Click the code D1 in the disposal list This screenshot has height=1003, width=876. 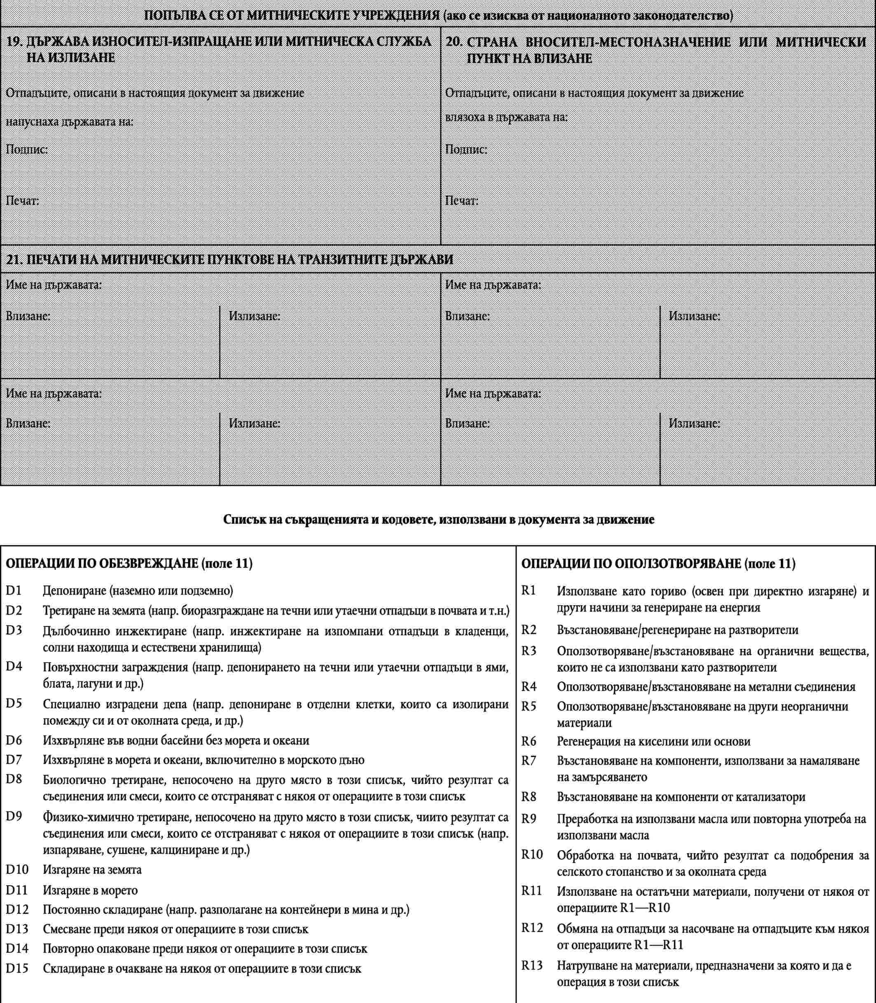pos(14,590)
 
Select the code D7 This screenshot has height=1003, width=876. pos(14,760)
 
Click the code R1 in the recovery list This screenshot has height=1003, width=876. pos(528,590)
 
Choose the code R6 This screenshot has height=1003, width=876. pos(529,741)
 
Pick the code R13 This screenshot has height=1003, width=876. pos(532,966)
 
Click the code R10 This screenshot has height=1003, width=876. pos(532,854)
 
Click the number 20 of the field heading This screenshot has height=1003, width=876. pos(454,42)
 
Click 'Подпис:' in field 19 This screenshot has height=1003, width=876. pos(26,149)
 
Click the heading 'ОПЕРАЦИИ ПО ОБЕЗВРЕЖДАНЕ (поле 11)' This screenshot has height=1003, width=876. pos(128,564)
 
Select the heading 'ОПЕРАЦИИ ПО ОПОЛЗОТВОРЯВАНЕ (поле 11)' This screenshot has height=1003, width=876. pos(659,564)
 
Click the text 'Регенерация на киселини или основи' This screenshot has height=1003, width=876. pos(654,741)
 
